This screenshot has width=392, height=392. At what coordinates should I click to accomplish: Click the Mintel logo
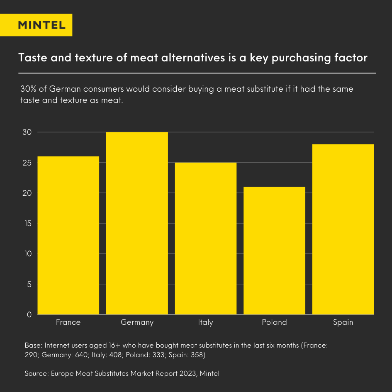point(41,25)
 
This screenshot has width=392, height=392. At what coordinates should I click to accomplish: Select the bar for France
point(68,235)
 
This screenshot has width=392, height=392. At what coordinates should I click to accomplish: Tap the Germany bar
point(137,223)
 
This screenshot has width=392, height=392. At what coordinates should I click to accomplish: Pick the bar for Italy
point(205,239)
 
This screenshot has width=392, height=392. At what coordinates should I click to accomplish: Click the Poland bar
point(274,251)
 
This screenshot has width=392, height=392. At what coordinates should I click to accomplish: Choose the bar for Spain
point(343,229)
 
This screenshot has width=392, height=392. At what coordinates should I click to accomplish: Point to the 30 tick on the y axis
point(27,132)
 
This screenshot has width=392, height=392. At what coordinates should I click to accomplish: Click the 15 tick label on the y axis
point(27,224)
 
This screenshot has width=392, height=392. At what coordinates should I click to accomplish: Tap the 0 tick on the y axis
point(29,314)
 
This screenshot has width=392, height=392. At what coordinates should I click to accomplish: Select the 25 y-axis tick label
point(27,163)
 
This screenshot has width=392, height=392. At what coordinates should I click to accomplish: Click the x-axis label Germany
point(137,322)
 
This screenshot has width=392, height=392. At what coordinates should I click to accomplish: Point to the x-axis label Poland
point(274,322)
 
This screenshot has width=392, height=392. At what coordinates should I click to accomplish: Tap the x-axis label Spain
point(343,322)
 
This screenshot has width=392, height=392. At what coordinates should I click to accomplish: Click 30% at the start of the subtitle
point(28,89)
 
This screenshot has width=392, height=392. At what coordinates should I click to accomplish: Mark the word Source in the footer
point(37,373)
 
